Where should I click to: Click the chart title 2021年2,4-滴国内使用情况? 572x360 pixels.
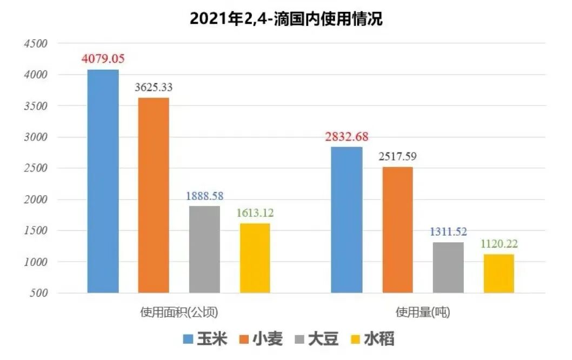(286, 19)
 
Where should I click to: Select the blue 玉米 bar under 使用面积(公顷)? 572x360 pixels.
(103, 181)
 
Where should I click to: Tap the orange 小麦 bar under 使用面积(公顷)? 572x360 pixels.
(154, 195)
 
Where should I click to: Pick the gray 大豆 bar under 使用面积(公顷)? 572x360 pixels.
(204, 249)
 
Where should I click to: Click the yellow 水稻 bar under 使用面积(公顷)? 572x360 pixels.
(255, 258)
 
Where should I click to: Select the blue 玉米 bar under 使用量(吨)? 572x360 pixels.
(347, 219)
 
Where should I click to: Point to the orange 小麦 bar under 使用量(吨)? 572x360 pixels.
(397, 230)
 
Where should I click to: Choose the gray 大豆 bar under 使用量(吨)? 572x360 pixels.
(448, 268)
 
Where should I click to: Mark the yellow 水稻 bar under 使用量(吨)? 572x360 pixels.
(498, 274)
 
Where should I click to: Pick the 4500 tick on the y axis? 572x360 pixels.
(37, 44)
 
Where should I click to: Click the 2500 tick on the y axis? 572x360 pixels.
(37, 169)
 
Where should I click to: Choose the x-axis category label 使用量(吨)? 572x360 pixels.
(423, 312)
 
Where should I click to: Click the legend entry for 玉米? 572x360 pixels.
(205, 339)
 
